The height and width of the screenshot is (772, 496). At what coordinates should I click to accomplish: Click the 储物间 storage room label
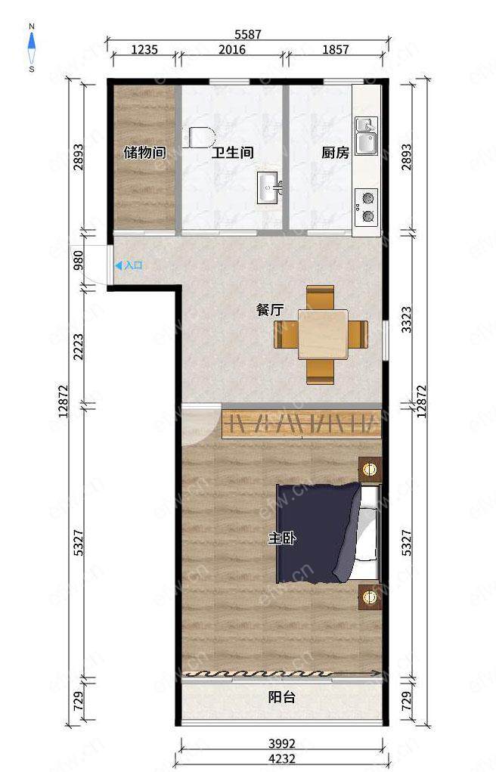145,153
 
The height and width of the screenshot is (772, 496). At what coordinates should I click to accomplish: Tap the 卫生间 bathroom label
232,153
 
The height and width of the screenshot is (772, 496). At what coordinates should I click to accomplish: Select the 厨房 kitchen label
336,153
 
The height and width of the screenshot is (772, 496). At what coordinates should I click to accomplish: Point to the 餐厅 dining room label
270,310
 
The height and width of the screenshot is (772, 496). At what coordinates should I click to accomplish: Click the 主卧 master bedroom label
282,538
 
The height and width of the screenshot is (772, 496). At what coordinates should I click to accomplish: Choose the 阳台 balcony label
282,697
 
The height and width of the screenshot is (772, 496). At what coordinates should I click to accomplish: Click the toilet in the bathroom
199,138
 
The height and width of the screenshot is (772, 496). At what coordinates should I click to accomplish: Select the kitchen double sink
367,136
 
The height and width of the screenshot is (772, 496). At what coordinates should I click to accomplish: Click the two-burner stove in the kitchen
367,207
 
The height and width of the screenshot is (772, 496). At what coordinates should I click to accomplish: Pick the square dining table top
323,333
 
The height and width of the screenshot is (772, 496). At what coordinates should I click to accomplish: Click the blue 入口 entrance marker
129,266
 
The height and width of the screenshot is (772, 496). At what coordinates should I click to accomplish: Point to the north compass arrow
32,45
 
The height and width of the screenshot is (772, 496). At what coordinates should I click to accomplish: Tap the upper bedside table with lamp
370,470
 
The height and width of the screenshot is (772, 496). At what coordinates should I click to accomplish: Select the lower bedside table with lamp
370,597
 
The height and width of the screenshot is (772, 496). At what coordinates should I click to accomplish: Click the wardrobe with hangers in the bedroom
302,423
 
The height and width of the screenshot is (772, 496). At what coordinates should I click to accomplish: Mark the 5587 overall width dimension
248,34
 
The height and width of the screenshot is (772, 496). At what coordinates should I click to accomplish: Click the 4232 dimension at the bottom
282,759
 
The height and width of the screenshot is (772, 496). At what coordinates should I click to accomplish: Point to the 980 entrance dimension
78,261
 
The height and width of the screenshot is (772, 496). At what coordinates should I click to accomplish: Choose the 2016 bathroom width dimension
231,49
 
